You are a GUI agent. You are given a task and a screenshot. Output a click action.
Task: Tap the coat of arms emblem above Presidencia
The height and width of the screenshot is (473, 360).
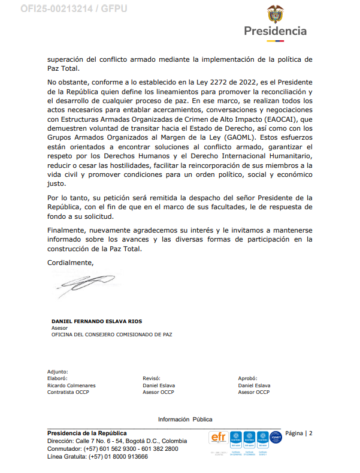tap(275, 13)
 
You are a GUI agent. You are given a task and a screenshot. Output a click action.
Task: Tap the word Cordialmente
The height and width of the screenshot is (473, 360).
tap(71, 262)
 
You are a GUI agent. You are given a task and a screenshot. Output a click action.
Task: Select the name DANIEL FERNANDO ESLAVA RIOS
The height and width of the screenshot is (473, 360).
tap(97, 321)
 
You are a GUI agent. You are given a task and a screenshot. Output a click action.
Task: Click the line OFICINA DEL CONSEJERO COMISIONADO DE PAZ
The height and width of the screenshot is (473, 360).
tap(111, 335)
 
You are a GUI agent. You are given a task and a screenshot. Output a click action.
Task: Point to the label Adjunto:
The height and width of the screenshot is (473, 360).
tap(58, 372)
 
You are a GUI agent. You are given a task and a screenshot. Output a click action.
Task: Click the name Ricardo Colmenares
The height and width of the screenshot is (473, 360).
tap(71, 385)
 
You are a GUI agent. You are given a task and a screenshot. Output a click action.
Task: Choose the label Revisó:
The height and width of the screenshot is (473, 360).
tap(152, 378)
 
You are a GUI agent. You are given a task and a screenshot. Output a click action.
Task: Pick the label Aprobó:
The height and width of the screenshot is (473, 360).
tap(247, 378)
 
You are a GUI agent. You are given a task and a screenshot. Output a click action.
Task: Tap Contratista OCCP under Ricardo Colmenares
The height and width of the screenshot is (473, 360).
tap(68, 392)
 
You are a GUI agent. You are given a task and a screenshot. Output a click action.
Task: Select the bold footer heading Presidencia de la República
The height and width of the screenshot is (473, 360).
tap(87, 433)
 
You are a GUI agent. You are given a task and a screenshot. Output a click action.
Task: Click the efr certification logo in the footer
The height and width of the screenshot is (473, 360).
tap(217, 438)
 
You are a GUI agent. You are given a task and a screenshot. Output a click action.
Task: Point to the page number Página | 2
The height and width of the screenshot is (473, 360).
tap(299, 433)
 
